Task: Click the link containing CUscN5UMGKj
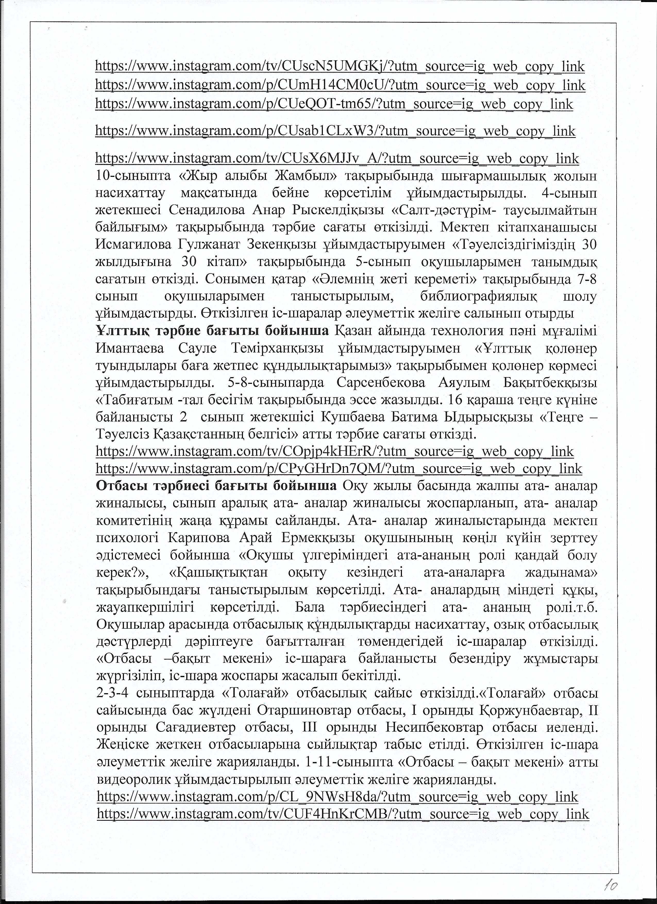[340, 66]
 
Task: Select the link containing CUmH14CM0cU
[340, 85]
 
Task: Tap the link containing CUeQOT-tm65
[334, 104]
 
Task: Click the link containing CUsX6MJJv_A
[337, 158]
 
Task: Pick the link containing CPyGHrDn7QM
[339, 468]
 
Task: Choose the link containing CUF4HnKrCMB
[343, 802]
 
